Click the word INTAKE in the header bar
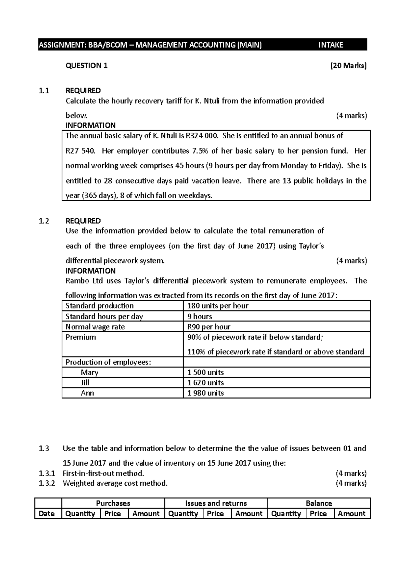tap(330, 45)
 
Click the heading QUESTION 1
tap(86, 66)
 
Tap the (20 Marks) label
tap(348, 66)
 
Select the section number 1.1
tap(44, 90)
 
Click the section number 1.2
tap(44, 221)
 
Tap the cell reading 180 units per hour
tap(218, 306)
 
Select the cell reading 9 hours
tap(199, 317)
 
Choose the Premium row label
tap(81, 337)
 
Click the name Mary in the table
tap(89, 373)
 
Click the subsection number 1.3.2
tap(47, 483)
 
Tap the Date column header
tap(47, 514)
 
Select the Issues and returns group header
tap(216, 503)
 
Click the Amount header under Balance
tap(351, 514)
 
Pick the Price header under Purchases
tap(113, 514)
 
